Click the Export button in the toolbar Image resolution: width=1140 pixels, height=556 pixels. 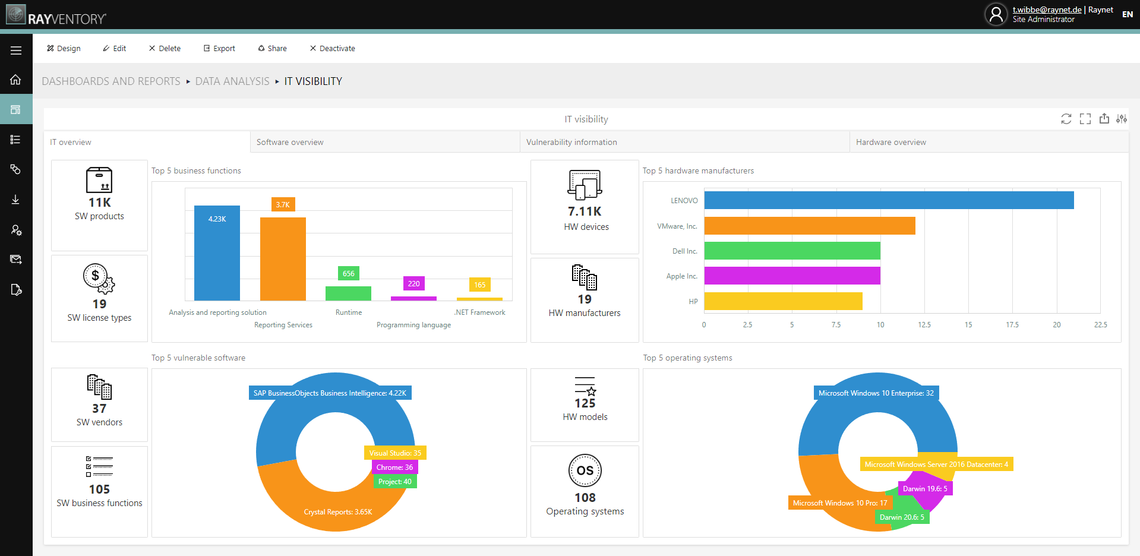click(x=219, y=49)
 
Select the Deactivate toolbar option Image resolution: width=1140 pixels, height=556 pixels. click(x=332, y=49)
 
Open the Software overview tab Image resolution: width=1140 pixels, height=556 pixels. click(x=290, y=143)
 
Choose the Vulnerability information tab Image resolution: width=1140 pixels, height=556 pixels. click(x=571, y=143)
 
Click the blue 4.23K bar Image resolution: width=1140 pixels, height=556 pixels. click(x=217, y=255)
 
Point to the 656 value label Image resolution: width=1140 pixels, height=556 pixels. click(x=349, y=274)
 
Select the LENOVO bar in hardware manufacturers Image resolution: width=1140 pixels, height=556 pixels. click(x=889, y=200)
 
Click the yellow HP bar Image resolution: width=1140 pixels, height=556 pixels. click(x=783, y=301)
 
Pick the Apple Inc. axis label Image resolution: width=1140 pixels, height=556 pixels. click(x=681, y=276)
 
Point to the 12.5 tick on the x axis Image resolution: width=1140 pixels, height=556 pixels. click(x=924, y=325)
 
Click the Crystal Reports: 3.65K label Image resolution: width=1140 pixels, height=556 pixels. click(x=338, y=512)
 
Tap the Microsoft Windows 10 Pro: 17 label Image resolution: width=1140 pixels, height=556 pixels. click(x=840, y=503)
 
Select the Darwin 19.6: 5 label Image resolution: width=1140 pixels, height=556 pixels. click(x=925, y=489)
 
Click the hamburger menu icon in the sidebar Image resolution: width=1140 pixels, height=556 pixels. click(x=16, y=50)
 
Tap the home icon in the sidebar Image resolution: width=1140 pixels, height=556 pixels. click(x=16, y=80)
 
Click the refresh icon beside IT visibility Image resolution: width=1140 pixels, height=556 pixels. click(x=1066, y=119)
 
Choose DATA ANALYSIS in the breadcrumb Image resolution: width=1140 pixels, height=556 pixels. click(x=232, y=81)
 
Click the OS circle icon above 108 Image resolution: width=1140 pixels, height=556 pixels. click(x=585, y=470)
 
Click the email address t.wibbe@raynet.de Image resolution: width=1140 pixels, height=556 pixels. click(x=1047, y=10)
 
